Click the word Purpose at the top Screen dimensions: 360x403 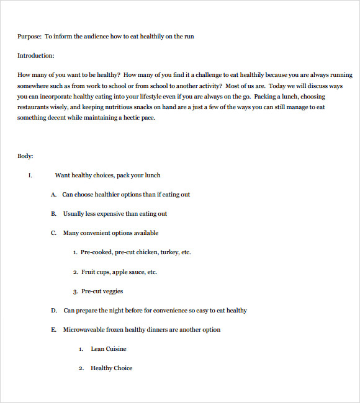pyautogui.click(x=29, y=37)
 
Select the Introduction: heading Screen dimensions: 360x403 pyautogui.click(x=36, y=56)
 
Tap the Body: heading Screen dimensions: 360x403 pyautogui.click(x=25, y=156)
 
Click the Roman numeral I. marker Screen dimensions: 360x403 pyautogui.click(x=30, y=175)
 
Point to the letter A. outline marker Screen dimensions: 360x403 pyautogui.click(x=54, y=195)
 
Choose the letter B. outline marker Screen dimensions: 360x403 pyautogui.click(x=54, y=214)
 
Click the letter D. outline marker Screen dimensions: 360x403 pyautogui.click(x=54, y=311)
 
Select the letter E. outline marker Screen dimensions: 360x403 pyautogui.click(x=54, y=330)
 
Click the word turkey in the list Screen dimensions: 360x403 pyautogui.click(x=169, y=252)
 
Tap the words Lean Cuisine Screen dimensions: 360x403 pyautogui.click(x=109, y=349)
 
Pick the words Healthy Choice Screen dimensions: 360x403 pyautogui.click(x=112, y=368)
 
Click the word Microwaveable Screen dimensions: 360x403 pyautogui.click(x=84, y=330)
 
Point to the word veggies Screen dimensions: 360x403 pyautogui.click(x=113, y=291)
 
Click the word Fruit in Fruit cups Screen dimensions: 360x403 pyautogui.click(x=88, y=272)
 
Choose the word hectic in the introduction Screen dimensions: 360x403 pyautogui.click(x=125, y=118)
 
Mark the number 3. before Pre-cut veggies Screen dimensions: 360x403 pyautogui.click(x=75, y=291)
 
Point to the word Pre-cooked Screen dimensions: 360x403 pyautogui.click(x=96, y=252)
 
